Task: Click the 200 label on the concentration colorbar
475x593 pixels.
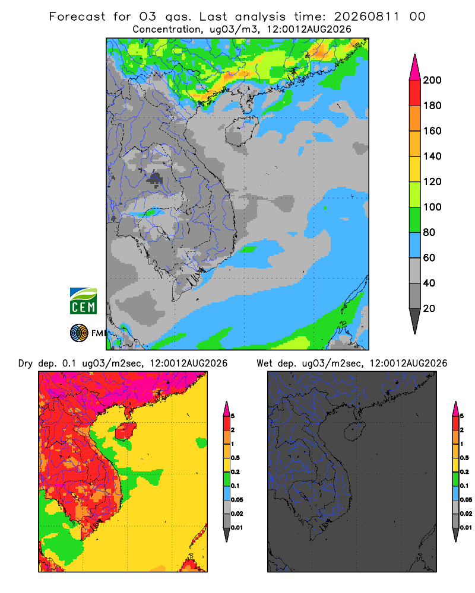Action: (x=432, y=80)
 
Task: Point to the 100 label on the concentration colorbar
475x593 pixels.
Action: (x=432, y=207)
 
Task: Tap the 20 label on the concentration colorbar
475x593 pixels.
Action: (x=429, y=308)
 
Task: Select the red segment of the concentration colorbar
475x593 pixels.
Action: (x=415, y=93)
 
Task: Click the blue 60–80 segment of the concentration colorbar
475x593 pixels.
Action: (x=415, y=245)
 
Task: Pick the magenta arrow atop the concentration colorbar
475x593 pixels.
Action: (x=415, y=68)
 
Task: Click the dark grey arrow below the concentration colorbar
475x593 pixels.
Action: (x=415, y=321)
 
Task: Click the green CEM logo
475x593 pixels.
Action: (x=83, y=301)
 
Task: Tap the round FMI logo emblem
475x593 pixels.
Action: (x=79, y=333)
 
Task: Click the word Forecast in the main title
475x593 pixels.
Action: (x=77, y=17)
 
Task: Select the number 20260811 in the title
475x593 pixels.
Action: (x=367, y=17)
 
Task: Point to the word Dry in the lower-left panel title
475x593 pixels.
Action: (x=26, y=364)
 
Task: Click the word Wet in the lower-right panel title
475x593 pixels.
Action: (x=265, y=364)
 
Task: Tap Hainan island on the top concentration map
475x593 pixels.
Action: (x=240, y=131)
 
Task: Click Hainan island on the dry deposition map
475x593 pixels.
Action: (x=125, y=431)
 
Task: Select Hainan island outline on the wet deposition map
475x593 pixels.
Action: (x=354, y=431)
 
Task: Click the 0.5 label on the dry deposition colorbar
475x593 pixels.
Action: (x=236, y=458)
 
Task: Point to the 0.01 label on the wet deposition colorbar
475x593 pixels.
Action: (x=466, y=528)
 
